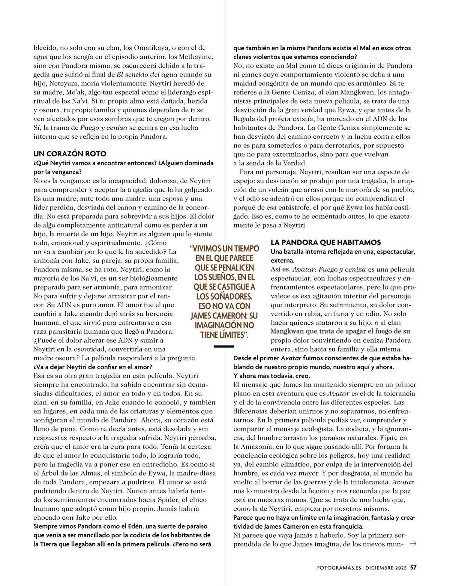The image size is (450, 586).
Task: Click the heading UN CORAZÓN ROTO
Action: [70, 154]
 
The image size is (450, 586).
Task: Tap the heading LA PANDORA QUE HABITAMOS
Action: [326, 242]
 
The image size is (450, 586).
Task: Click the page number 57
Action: [413, 568]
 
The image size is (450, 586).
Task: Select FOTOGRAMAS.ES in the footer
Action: [339, 568]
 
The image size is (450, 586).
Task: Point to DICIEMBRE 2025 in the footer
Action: [386, 568]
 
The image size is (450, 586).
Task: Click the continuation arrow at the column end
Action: [413, 543]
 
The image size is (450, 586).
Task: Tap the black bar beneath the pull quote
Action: [223, 347]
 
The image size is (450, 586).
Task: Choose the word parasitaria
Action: [66, 331]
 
